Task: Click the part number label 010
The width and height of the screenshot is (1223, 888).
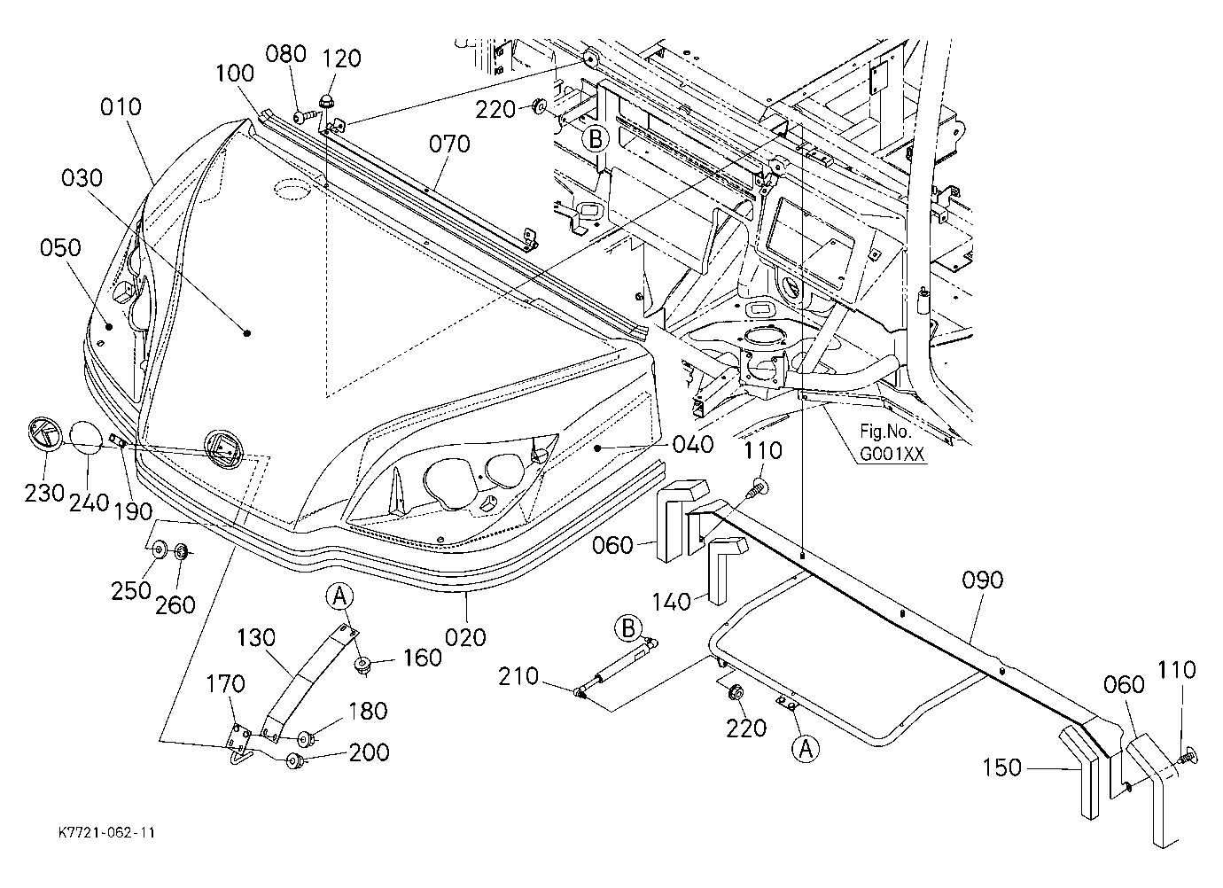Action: point(121,107)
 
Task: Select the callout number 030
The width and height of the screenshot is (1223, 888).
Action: point(82,178)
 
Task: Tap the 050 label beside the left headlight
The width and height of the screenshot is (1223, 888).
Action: point(60,248)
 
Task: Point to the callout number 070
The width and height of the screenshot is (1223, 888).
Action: point(449,144)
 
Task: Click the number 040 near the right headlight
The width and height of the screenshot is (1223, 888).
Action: point(693,445)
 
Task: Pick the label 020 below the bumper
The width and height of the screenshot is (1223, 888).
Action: point(465,638)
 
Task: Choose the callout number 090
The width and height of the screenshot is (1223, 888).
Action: point(982,580)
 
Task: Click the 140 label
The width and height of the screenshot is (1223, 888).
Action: point(672,603)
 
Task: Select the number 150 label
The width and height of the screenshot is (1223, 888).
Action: point(1001,767)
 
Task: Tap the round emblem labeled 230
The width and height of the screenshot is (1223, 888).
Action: point(46,434)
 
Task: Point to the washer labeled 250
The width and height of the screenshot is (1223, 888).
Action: point(160,549)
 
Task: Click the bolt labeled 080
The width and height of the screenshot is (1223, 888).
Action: point(305,117)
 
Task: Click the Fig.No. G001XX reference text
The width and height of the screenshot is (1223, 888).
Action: point(892,443)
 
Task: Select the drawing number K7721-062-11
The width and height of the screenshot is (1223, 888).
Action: point(106,832)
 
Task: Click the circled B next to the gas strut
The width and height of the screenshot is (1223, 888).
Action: point(627,628)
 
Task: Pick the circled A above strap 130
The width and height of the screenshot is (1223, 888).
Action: point(340,596)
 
